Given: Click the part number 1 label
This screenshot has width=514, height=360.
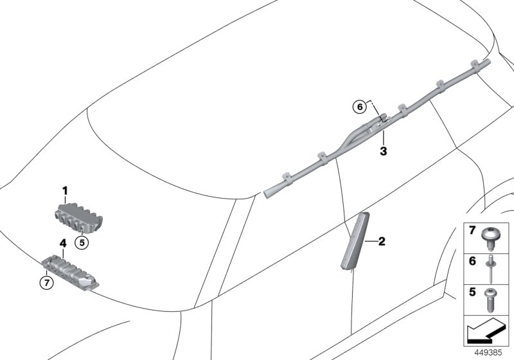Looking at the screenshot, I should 65,190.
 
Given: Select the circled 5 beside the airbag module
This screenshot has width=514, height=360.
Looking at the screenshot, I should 81,242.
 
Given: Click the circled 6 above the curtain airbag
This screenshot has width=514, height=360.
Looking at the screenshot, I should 360,107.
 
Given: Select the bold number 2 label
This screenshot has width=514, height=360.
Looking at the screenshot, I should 381,242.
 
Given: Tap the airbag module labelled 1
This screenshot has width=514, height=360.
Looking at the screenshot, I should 76,217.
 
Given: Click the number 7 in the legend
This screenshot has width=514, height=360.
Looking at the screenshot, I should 472,230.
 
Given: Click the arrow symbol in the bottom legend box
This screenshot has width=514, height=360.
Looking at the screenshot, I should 487,333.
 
